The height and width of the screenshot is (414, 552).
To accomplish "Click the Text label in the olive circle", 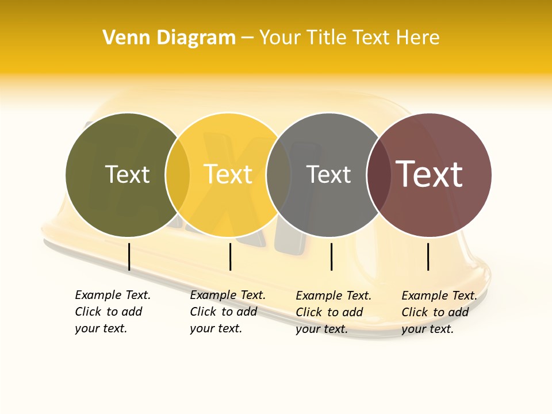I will point(127,174).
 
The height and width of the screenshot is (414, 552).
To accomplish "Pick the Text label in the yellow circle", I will point(228,174).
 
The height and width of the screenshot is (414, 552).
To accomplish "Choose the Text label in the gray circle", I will point(328,174).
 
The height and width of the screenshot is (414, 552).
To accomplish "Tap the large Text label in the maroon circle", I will point(430,174).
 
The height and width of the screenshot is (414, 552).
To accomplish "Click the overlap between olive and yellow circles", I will point(178,175).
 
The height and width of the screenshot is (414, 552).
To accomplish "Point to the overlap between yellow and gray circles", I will point(279,175).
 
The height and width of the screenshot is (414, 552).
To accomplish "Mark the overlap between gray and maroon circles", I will point(378,175).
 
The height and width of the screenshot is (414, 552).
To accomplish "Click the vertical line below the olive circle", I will point(129,256).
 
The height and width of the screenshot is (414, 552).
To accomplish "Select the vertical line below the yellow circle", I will point(230,256).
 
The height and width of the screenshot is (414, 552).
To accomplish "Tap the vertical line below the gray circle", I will point(331,256).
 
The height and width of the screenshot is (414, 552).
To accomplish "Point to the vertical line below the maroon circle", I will point(428,256).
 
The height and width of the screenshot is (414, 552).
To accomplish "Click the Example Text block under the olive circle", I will point(113,312).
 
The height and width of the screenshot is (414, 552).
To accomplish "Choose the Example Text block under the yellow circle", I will point(228,312).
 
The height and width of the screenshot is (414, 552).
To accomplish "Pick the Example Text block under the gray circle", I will point(333,312).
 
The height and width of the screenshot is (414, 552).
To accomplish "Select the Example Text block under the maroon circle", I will point(439,312).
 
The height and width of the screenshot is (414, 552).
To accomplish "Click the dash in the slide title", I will point(247,39).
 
